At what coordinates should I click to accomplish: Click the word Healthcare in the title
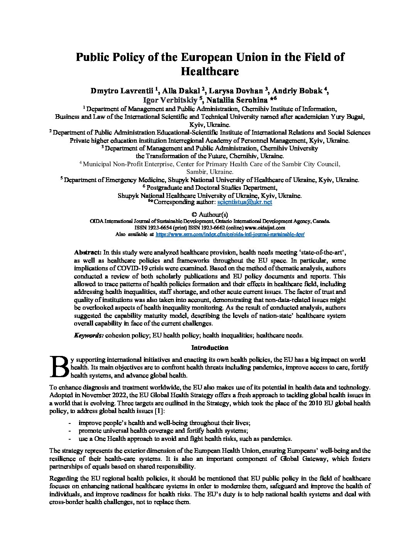(210, 71)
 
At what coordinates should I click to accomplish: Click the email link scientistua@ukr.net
(245, 202)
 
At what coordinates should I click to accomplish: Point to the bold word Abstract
(87, 253)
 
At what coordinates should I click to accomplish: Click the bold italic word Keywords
(88, 335)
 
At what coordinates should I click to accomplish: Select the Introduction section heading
(210, 347)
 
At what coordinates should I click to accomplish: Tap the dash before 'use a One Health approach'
(69, 438)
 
